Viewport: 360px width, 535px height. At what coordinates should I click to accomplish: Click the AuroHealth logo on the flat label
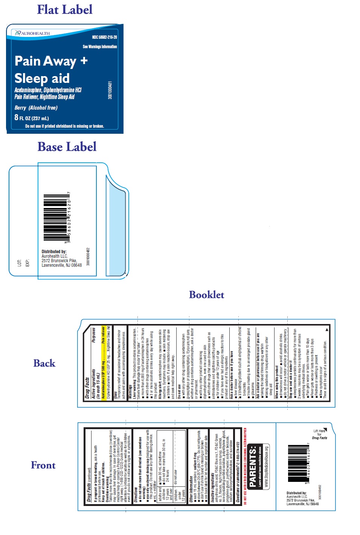click(32, 33)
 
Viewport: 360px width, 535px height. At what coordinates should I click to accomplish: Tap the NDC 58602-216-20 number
click(104, 37)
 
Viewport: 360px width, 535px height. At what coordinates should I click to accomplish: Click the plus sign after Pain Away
click(84, 60)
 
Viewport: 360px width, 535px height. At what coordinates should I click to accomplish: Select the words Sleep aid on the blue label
click(42, 78)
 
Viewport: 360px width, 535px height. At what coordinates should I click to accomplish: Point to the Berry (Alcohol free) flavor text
click(36, 108)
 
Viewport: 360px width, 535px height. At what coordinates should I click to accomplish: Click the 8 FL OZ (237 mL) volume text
click(32, 118)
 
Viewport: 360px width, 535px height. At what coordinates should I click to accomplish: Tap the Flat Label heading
click(64, 9)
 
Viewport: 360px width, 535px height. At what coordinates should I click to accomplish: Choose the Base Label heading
click(67, 147)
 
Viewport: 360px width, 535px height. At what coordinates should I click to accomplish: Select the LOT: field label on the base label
click(19, 263)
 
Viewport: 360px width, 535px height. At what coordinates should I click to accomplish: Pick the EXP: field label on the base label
click(27, 263)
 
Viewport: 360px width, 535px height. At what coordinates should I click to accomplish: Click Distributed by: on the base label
click(54, 251)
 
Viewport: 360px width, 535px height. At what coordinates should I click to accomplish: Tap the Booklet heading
click(206, 295)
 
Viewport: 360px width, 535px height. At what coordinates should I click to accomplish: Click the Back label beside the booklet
click(44, 363)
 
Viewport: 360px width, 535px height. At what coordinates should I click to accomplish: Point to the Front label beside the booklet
click(43, 465)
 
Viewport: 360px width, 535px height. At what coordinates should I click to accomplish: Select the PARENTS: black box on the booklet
click(253, 466)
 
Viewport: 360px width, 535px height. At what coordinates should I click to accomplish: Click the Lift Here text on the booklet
click(319, 431)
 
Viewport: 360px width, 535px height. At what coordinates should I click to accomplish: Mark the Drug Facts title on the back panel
click(87, 388)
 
